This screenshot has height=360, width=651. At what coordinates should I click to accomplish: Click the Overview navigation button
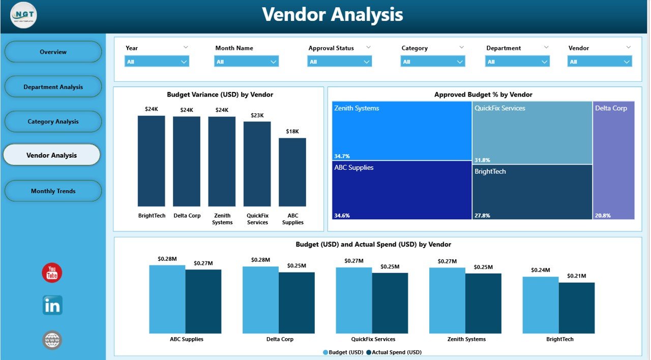pyautogui.click(x=53, y=52)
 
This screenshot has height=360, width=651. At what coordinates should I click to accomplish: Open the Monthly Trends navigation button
pyautogui.click(x=53, y=191)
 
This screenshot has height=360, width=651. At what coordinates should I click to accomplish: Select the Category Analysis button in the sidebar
pyautogui.click(x=53, y=122)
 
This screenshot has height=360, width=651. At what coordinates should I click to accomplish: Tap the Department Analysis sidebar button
pyautogui.click(x=53, y=87)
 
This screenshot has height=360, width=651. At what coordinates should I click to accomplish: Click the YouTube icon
pyautogui.click(x=52, y=273)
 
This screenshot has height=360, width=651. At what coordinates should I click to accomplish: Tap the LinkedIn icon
pyautogui.click(x=52, y=305)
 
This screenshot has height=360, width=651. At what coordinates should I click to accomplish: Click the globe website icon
pyautogui.click(x=52, y=340)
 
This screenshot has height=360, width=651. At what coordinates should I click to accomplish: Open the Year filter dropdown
pyautogui.click(x=157, y=62)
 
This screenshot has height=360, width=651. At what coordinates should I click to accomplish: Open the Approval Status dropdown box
pyautogui.click(x=339, y=62)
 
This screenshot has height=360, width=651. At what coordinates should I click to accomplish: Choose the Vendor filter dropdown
pyautogui.click(x=600, y=62)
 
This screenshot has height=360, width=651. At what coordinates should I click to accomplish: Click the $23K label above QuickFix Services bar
pyautogui.click(x=257, y=115)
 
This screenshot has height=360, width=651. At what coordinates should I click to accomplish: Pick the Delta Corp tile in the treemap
pyautogui.click(x=613, y=160)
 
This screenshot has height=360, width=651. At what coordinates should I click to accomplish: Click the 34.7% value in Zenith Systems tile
pyautogui.click(x=342, y=156)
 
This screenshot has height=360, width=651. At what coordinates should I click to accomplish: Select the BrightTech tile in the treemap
pyautogui.click(x=532, y=192)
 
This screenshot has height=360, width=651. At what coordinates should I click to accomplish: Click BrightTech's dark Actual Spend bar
pyautogui.click(x=577, y=308)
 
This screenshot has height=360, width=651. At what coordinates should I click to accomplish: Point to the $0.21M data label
pyautogui.click(x=577, y=276)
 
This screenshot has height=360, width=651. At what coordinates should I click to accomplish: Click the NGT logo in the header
pyautogui.click(x=23, y=16)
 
